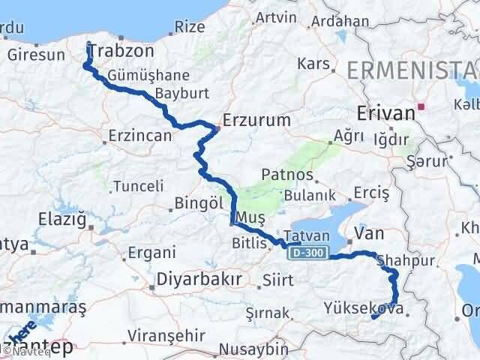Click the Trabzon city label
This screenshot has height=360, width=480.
tap(121, 52)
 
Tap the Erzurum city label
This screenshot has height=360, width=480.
tap(250, 119)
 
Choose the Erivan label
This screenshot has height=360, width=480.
tap(386, 112)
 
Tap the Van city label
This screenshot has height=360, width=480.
tap(368, 234)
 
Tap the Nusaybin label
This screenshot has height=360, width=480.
tap(256, 350)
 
